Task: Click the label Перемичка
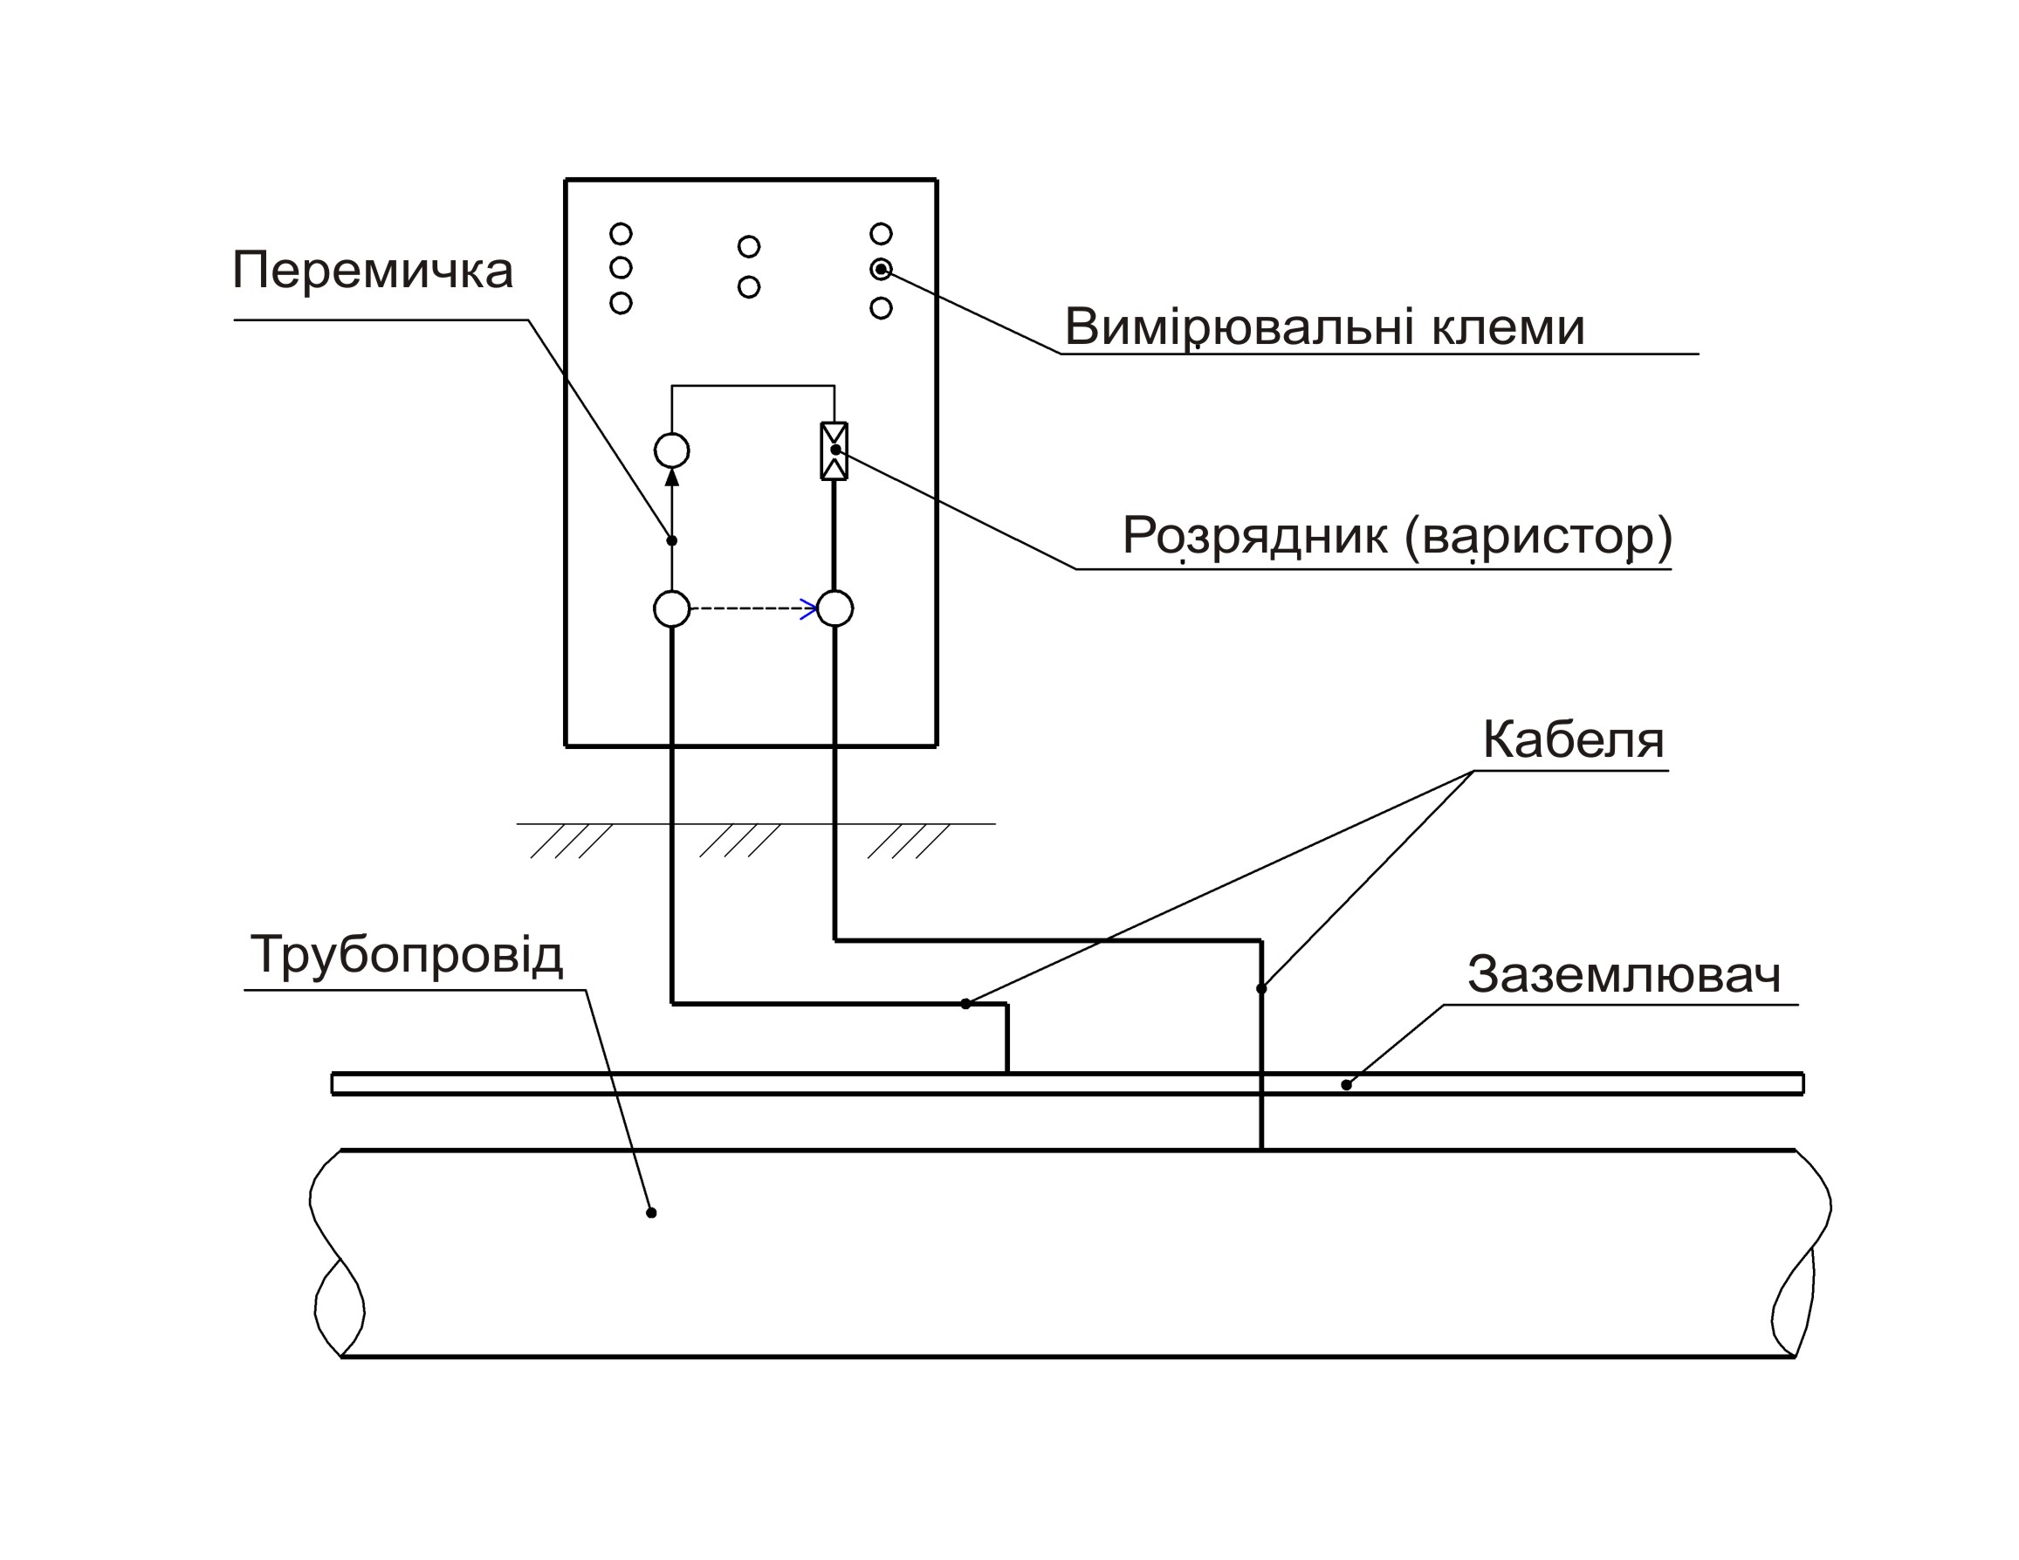[373, 270]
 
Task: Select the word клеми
[1508, 327]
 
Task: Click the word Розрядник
[1254, 536]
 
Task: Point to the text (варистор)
[1538, 536]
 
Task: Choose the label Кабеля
[1574, 740]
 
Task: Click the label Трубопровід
[407, 955]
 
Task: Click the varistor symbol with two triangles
[834, 451]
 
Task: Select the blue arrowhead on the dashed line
[810, 609]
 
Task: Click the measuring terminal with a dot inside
[881, 269]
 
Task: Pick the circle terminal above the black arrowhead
[672, 451]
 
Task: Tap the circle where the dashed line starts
[672, 609]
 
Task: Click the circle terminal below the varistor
[834, 608]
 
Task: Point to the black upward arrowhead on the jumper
[672, 478]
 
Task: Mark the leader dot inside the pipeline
[652, 1213]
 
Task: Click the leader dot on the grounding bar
[1346, 1086]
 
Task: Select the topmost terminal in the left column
[621, 233]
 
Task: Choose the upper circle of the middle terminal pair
[749, 247]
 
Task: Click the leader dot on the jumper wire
[672, 541]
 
